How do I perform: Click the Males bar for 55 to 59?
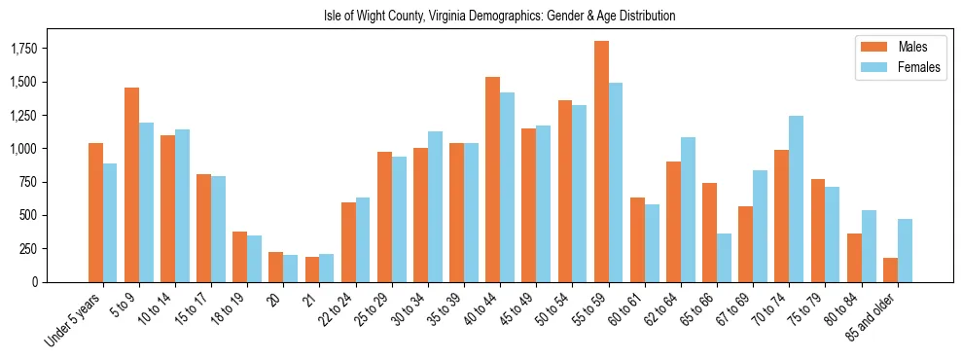(x=601, y=162)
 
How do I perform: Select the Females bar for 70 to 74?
(x=797, y=198)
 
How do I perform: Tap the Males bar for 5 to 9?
(x=131, y=185)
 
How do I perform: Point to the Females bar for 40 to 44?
(x=508, y=187)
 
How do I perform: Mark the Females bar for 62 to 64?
(x=689, y=209)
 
